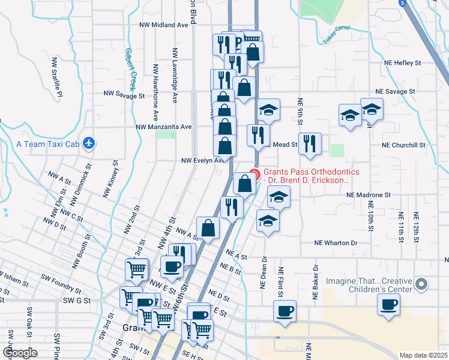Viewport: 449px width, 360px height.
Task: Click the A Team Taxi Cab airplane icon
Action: [x=89, y=143]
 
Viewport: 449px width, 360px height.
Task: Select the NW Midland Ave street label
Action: [x=163, y=25]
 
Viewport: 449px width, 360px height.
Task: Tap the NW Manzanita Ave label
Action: [x=163, y=127]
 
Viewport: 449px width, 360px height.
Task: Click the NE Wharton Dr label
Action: [x=336, y=243]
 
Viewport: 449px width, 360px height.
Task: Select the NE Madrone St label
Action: [x=368, y=195]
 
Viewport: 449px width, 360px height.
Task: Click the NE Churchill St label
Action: [x=403, y=145]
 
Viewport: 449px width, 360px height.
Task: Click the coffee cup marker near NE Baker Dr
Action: [x=285, y=311]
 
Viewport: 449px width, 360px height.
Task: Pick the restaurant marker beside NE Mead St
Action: [x=309, y=143]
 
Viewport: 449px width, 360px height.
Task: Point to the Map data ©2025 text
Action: [x=423, y=355]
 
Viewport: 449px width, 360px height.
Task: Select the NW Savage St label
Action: [x=124, y=94]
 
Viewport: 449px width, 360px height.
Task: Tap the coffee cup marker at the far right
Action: [x=388, y=304]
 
